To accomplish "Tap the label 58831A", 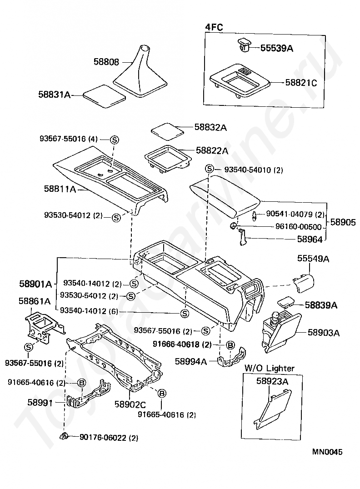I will [x=54, y=95].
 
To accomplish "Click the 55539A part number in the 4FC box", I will [x=276, y=47].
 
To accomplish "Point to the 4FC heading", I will [x=214, y=27].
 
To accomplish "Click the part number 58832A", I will [x=210, y=128].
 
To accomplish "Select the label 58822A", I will [x=212, y=150].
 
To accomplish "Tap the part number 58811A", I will [x=60, y=189].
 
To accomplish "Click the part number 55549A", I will [x=313, y=259].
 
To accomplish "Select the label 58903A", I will [x=324, y=333].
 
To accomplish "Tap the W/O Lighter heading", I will [x=270, y=368].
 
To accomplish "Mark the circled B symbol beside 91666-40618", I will [x=230, y=345].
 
